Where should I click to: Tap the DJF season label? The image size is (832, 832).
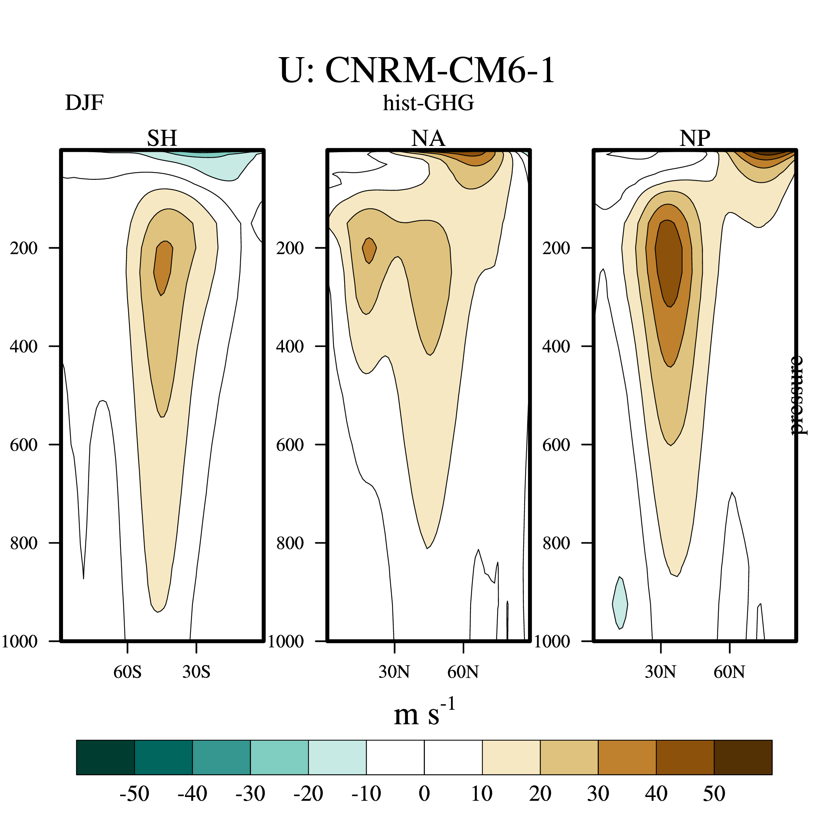tap(84, 103)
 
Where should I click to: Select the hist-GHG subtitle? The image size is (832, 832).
tap(429, 103)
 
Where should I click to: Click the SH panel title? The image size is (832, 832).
tap(162, 138)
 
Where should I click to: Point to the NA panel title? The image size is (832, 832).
tap(428, 138)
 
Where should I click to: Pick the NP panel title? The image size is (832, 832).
tap(695, 138)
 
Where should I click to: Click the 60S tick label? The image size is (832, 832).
tap(127, 672)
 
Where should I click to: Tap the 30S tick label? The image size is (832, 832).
tap(196, 672)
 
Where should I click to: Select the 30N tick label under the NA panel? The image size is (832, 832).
tap(394, 672)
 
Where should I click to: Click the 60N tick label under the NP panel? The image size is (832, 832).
tap(729, 672)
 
